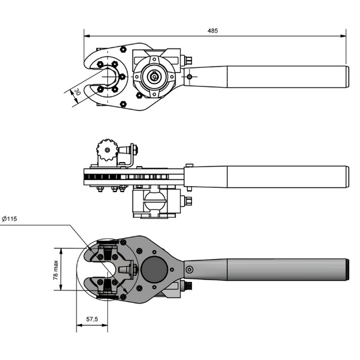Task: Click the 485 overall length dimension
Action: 213,30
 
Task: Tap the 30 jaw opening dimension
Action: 77,93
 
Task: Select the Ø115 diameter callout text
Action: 11,220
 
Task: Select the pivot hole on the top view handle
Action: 189,77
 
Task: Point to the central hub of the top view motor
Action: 155,77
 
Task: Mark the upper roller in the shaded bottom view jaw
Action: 109,249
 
